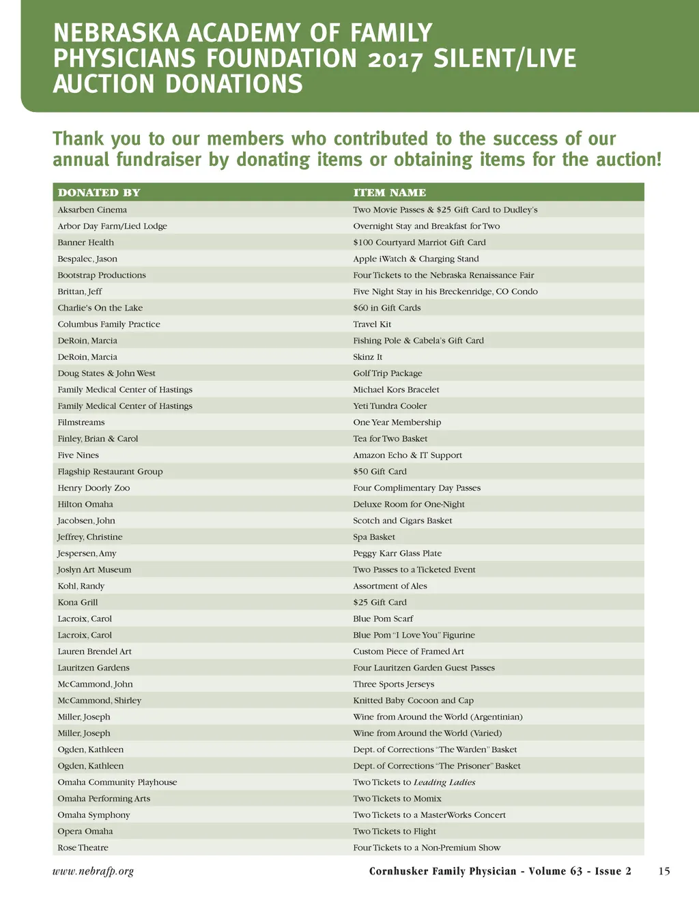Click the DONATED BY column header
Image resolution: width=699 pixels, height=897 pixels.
(99, 193)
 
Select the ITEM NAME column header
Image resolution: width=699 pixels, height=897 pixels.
(389, 193)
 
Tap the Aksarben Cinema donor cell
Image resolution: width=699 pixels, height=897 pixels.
(92, 210)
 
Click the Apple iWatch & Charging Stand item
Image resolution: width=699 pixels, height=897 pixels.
(416, 259)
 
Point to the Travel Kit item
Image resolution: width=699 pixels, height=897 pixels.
(372, 324)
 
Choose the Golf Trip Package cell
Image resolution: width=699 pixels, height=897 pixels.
(387, 373)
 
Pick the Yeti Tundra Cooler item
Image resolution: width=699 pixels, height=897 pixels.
(390, 406)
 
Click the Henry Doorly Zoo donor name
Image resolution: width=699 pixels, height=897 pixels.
(94, 488)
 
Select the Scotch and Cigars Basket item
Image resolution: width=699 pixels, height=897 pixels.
(402, 521)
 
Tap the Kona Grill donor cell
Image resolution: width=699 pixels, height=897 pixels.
(78, 603)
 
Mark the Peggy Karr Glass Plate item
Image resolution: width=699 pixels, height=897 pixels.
(397, 554)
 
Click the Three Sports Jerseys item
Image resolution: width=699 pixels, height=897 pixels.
(393, 685)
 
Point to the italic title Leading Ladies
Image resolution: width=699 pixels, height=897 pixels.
(444, 782)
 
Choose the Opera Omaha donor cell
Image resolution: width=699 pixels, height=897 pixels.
(85, 831)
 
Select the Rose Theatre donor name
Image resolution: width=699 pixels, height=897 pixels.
(83, 848)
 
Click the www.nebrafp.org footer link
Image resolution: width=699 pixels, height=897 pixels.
(93, 871)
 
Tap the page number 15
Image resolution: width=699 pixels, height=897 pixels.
(664, 871)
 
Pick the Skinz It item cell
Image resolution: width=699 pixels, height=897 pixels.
(367, 357)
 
